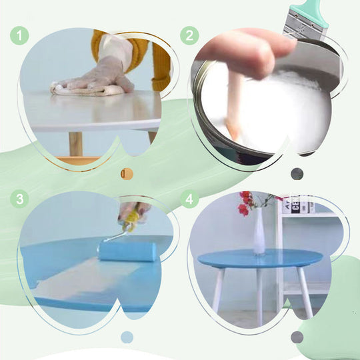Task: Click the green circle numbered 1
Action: point(19,35)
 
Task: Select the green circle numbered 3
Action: point(19,199)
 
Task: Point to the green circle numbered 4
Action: point(190,199)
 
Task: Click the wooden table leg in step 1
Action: point(76,143)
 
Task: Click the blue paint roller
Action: point(127,251)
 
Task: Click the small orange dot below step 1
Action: point(127,174)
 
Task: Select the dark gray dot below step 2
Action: point(297,174)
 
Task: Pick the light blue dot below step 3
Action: point(127,337)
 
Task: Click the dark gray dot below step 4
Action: point(297,337)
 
